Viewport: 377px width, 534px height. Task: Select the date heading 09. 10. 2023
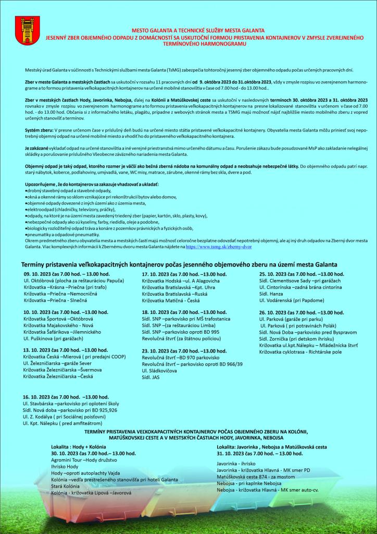click(66, 274)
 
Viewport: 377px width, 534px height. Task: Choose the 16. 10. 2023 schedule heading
click(66, 397)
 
